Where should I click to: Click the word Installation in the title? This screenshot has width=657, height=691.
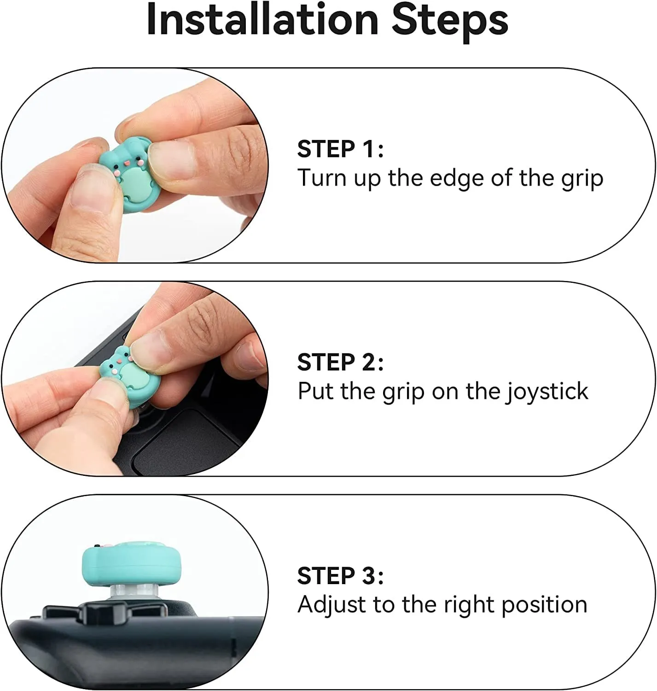pyautogui.click(x=262, y=19)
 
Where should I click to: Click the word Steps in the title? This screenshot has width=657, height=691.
pyautogui.click(x=450, y=19)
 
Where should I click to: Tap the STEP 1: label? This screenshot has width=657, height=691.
pyautogui.click(x=340, y=149)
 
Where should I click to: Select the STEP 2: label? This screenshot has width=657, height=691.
pyautogui.click(x=340, y=362)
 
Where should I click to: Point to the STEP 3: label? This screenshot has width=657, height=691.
pyautogui.click(x=340, y=575)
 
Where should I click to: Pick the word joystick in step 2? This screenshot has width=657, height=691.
pyautogui.click(x=548, y=392)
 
